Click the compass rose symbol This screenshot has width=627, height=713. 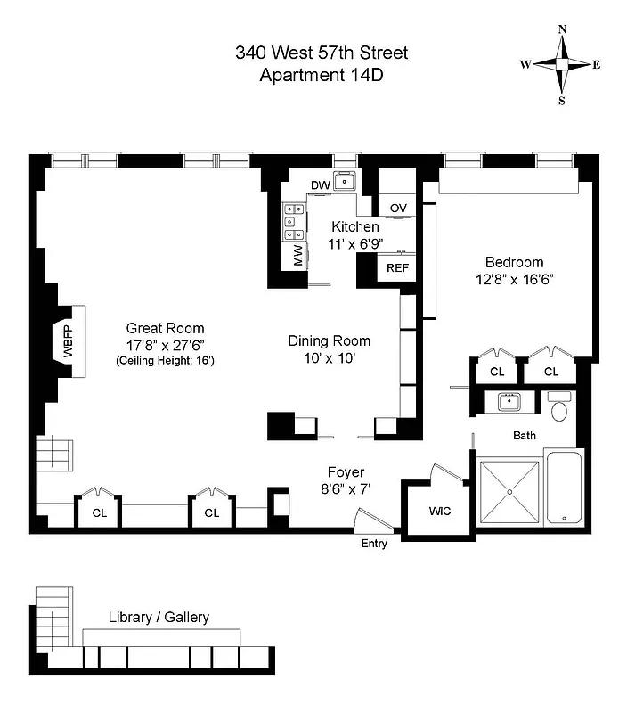pyautogui.click(x=562, y=64)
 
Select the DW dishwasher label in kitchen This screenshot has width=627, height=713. pyautogui.click(x=320, y=185)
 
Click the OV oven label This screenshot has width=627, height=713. pyautogui.click(x=398, y=208)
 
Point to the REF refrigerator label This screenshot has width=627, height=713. pyautogui.click(x=397, y=267)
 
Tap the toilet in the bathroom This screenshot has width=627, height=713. pyautogui.click(x=559, y=410)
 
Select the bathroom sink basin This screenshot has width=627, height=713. pyautogui.click(x=510, y=403)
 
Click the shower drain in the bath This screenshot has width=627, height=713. pyautogui.click(x=509, y=491)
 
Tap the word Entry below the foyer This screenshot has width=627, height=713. pyautogui.click(x=374, y=544)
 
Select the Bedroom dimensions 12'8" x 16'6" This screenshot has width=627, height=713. pyautogui.click(x=514, y=279)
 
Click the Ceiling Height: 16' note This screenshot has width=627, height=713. pyautogui.click(x=165, y=361)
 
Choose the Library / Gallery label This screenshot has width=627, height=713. pyautogui.click(x=159, y=617)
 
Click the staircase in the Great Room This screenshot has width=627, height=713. pyautogui.click(x=53, y=455)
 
